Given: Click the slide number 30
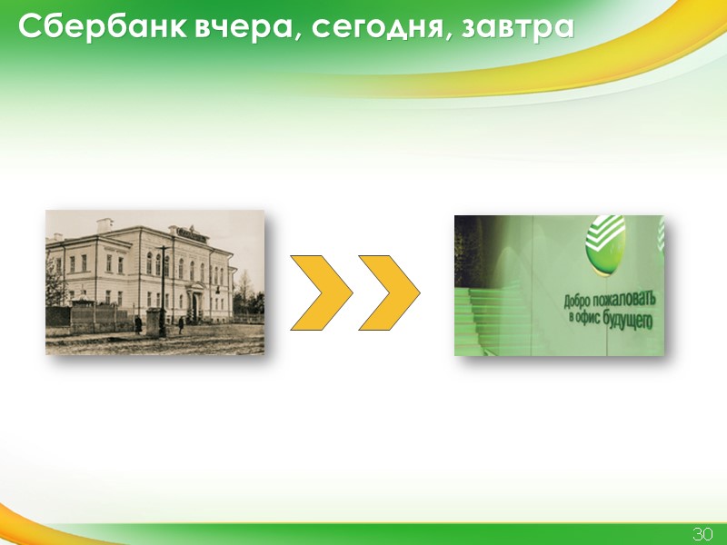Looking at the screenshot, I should click(702, 533).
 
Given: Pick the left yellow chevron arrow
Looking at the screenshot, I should click(321, 292).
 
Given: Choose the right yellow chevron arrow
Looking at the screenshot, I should click(390, 292).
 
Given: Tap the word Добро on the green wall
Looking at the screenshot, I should click(582, 301).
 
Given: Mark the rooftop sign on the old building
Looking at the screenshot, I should click(191, 233).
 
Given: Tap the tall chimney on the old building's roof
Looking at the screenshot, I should click(105, 224).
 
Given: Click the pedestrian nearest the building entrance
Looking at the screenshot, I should click(182, 324).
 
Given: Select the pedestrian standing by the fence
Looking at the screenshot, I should click(138, 324).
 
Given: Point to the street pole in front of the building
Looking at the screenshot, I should click(163, 291).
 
